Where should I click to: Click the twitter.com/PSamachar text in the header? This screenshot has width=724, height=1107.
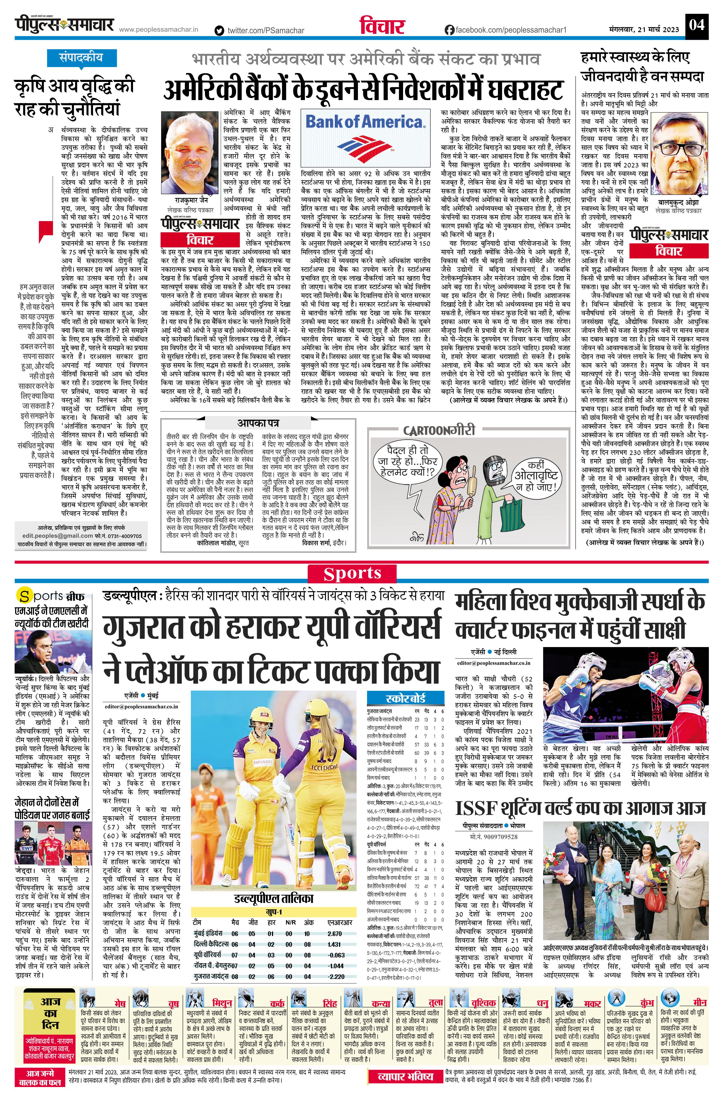(x=265, y=30)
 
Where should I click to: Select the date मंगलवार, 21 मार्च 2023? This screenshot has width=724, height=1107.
(x=644, y=29)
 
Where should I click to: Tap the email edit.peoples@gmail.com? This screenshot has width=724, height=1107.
(x=58, y=536)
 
